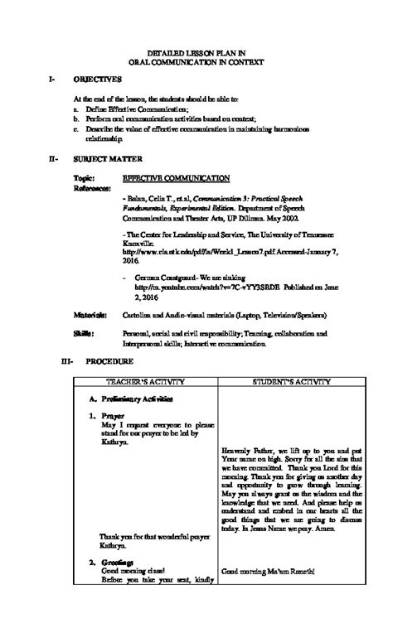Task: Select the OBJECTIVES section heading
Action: (x=97, y=79)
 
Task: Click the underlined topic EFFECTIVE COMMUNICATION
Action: (x=176, y=178)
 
